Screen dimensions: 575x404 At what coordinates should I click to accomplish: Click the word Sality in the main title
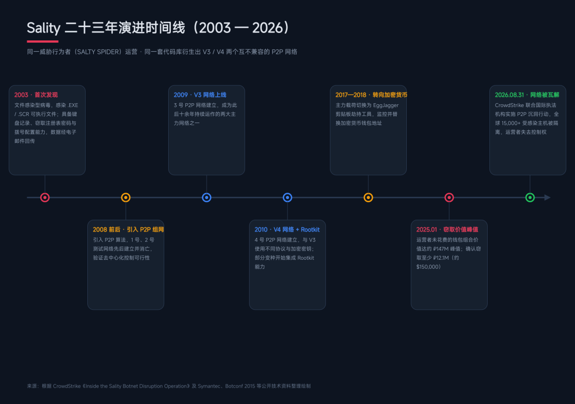click(43, 28)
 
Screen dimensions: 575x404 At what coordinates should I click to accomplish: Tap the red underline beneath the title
click(43, 42)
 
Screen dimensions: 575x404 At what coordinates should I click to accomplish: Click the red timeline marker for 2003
click(45, 197)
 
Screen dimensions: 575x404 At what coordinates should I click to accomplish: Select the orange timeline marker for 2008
click(126, 197)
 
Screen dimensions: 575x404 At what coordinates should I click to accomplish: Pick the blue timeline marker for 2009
click(207, 197)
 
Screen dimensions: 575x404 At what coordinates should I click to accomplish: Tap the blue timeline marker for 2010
click(287, 197)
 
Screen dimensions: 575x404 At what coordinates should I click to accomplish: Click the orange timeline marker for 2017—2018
click(368, 197)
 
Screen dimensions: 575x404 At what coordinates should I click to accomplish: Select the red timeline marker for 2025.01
click(449, 197)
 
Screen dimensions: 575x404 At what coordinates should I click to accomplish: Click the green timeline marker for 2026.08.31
click(530, 197)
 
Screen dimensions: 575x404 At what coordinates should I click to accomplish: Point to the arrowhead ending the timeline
click(547, 197)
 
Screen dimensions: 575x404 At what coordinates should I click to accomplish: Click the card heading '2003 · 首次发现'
click(36, 95)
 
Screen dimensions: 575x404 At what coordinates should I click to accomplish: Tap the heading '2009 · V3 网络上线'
click(200, 95)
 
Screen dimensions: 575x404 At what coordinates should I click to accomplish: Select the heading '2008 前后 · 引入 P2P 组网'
click(128, 229)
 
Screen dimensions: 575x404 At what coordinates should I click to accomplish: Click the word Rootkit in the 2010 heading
click(310, 229)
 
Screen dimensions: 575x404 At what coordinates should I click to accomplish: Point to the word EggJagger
click(386, 105)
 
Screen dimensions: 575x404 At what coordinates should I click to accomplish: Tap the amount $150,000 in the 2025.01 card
click(427, 267)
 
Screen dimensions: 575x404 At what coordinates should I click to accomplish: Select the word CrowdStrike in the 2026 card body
click(510, 105)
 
